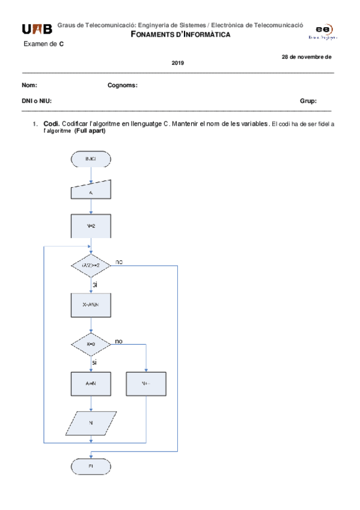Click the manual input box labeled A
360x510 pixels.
pos(90,192)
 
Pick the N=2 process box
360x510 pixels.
pos(90,227)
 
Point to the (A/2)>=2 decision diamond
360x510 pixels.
pos(90,265)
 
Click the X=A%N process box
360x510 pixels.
pos(90,306)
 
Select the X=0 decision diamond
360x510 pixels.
pos(90,345)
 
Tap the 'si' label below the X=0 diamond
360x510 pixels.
pos(95,363)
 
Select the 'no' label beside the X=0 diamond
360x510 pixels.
pos(119,341)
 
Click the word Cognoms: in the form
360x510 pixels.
pos(123,85)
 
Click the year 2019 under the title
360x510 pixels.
pos(178,63)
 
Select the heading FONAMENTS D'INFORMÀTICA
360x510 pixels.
pos(180,34)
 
